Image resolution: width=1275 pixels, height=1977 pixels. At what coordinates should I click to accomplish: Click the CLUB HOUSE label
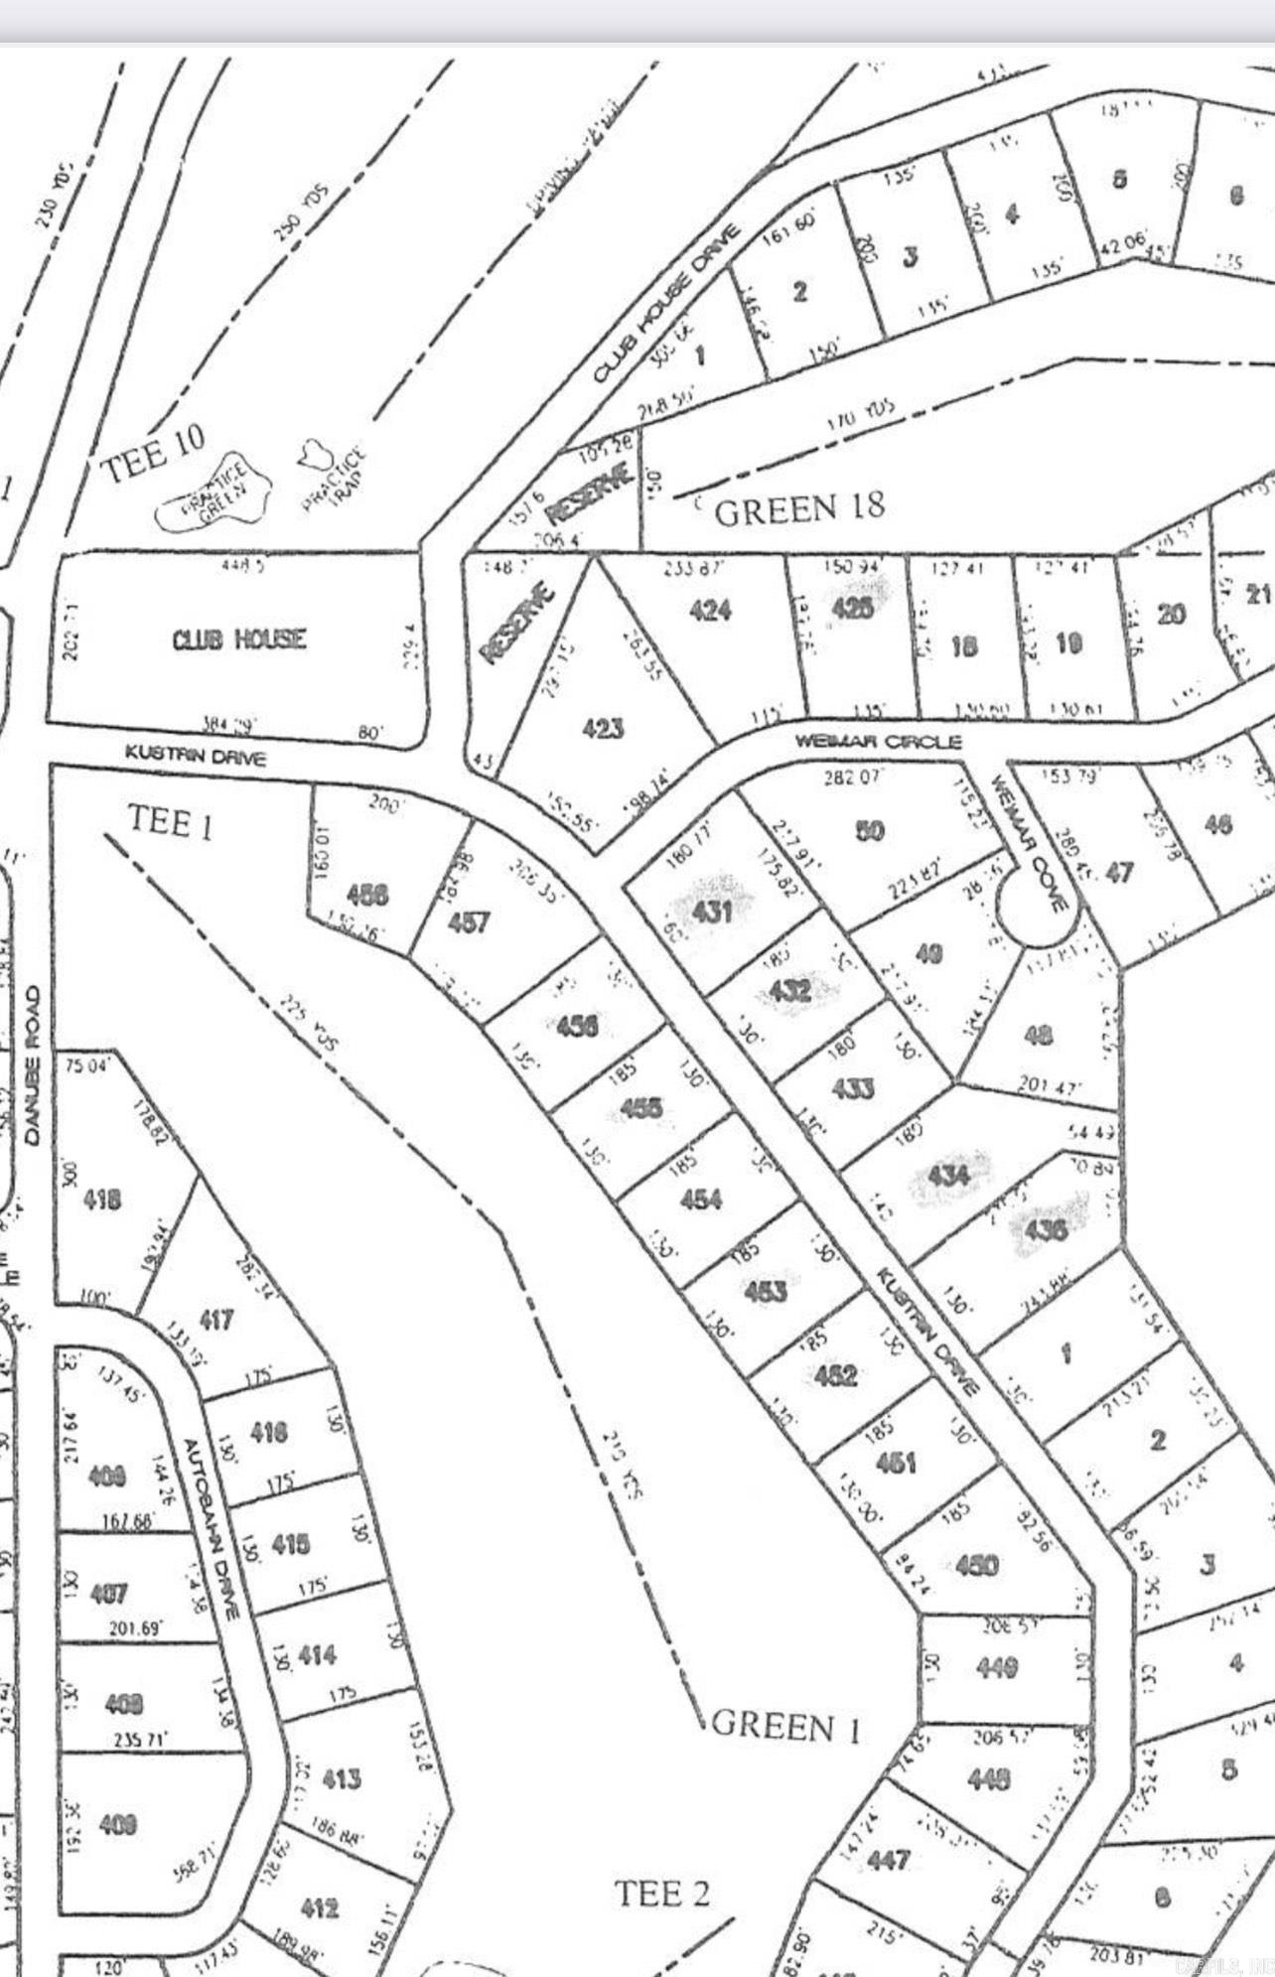(x=239, y=638)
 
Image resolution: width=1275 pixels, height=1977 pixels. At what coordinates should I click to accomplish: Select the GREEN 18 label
(x=798, y=509)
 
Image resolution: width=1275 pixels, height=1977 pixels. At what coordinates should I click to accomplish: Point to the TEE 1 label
(x=170, y=822)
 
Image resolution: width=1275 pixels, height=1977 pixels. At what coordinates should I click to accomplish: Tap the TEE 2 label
(x=662, y=1893)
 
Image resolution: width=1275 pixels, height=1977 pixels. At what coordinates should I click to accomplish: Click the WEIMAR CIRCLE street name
(x=878, y=742)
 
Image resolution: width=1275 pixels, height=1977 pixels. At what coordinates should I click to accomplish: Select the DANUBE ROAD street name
(x=34, y=1064)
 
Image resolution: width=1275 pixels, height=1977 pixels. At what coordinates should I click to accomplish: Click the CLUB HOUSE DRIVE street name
(x=667, y=303)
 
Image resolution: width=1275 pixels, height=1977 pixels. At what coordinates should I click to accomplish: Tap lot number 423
(x=603, y=729)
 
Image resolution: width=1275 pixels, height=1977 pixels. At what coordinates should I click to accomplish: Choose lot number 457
(x=468, y=922)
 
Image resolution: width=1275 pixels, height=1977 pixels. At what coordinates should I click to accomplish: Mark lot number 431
(x=712, y=911)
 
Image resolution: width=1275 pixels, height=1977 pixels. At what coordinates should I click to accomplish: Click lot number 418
(x=102, y=1200)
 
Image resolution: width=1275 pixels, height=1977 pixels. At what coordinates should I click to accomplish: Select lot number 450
(x=976, y=1566)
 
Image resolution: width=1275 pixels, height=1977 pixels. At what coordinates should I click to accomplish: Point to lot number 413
(x=341, y=1778)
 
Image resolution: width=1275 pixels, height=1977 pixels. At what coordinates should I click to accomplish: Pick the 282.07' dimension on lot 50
(x=852, y=777)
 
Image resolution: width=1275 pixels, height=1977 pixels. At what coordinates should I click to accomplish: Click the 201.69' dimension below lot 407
(x=136, y=1628)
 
